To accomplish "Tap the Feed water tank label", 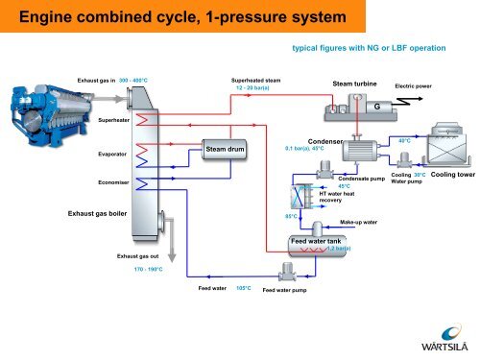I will coord(315,241).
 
